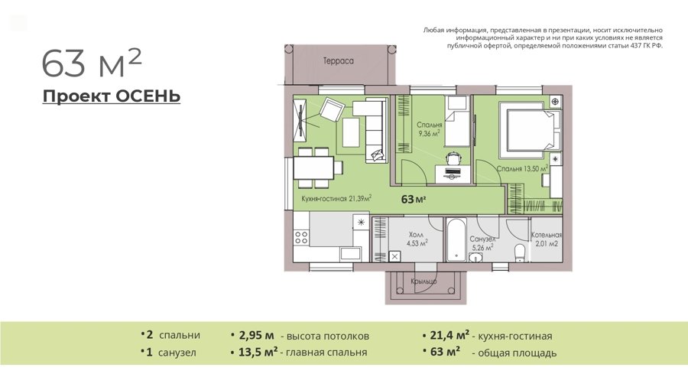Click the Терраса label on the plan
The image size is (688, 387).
click(x=339, y=61)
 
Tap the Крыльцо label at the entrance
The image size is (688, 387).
click(x=424, y=281)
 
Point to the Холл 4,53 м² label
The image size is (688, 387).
click(x=417, y=239)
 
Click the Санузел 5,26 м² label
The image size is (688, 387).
click(x=482, y=243)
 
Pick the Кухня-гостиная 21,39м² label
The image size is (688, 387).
click(x=336, y=198)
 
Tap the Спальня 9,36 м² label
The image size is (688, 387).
click(x=429, y=129)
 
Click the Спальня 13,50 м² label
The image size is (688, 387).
click(x=523, y=168)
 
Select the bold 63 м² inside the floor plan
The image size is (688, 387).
click(x=414, y=199)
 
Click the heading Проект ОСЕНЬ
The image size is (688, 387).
click(x=112, y=96)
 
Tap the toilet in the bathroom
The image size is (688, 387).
click(x=520, y=252)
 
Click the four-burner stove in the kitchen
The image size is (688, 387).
click(x=301, y=237)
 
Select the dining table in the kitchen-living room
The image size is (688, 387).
click(x=313, y=168)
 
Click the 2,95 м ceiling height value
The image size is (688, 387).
click(x=256, y=336)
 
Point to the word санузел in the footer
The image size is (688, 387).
click(x=177, y=353)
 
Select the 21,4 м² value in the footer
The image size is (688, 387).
click(x=449, y=335)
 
